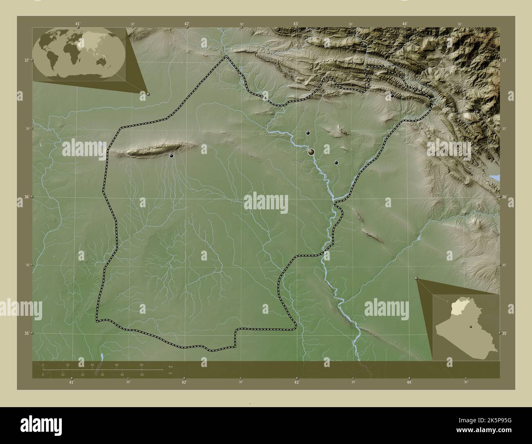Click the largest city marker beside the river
pos(311,152)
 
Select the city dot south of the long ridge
pos(171,156)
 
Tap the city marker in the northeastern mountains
pos(392,95)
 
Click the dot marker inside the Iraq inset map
pos(471,326)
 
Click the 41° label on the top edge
pos(78,24)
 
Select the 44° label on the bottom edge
pos(409,382)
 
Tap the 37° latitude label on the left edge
pos(27,60)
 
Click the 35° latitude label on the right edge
pos(505,333)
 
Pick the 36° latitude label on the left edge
pos(27,197)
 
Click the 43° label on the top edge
pos(295,24)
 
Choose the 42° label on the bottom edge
pos(184,382)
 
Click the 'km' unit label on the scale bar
pos(171,366)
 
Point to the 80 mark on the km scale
pos(141,365)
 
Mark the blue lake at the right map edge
pos(495,177)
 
